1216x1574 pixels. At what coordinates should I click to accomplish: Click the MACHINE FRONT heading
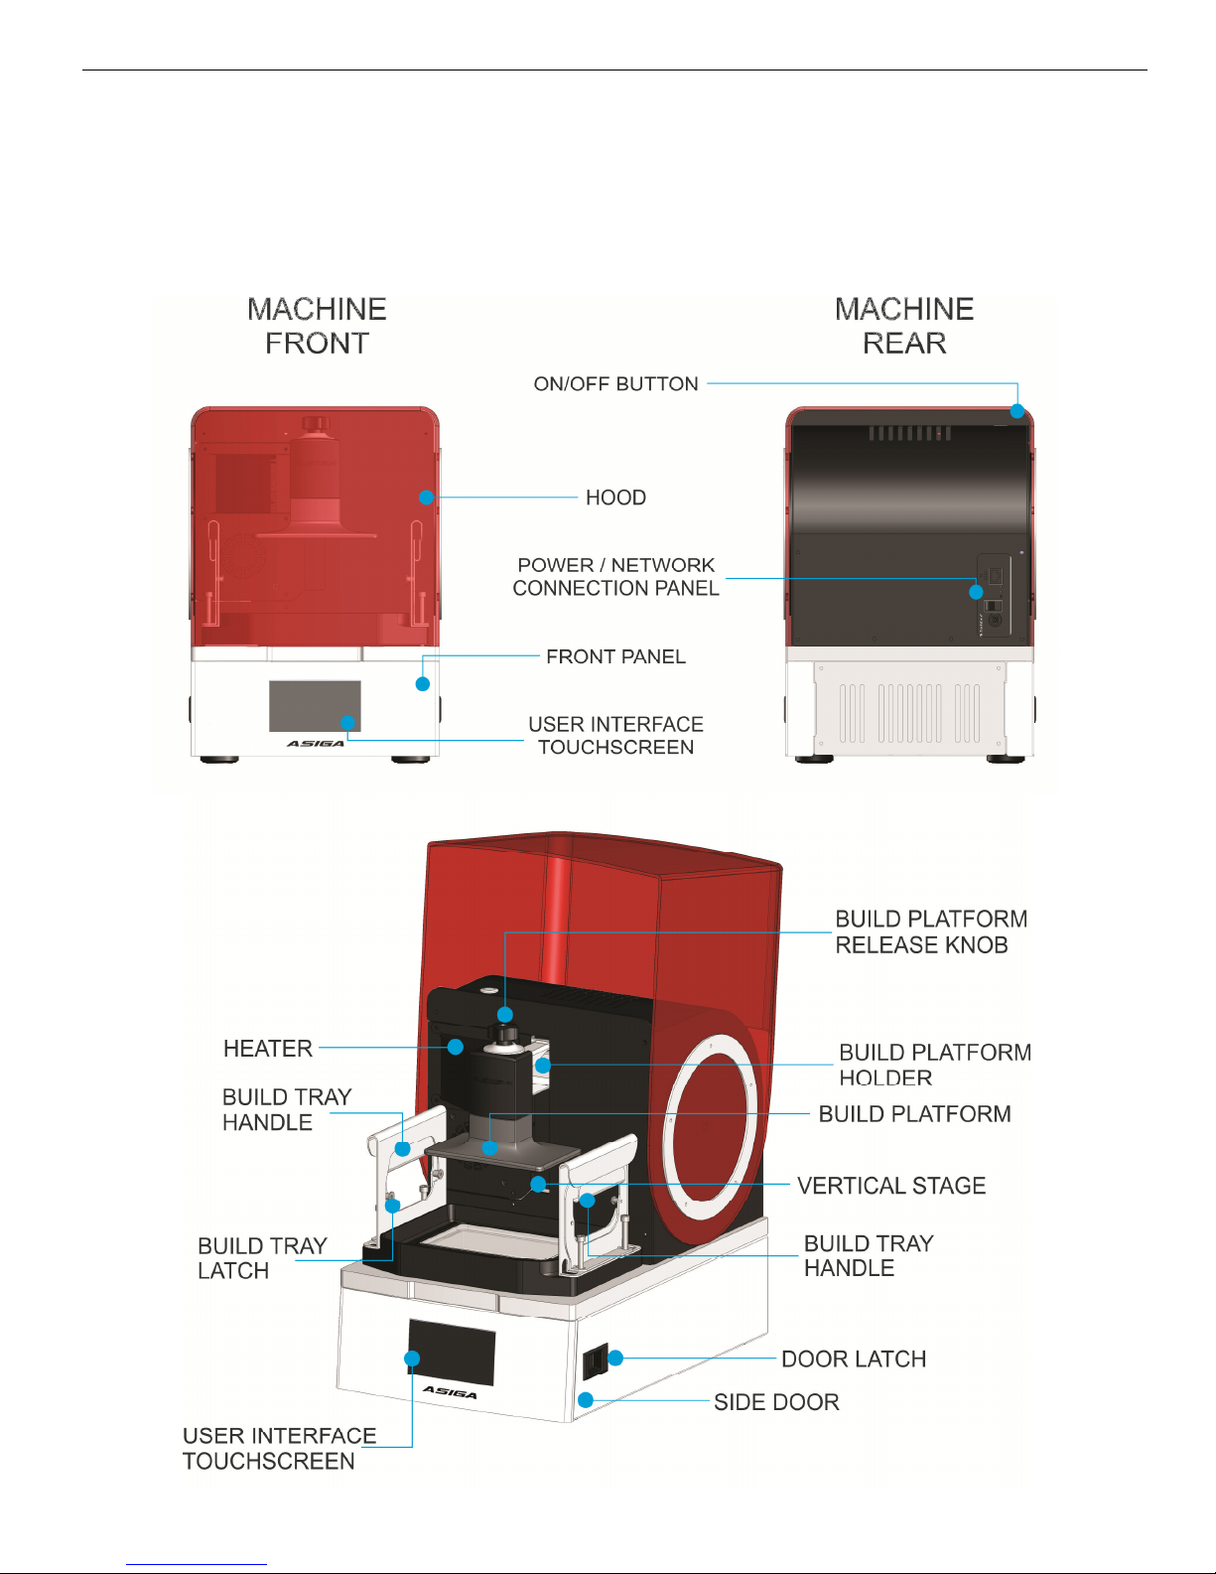(317, 326)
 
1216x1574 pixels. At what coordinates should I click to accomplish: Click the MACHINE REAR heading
(904, 326)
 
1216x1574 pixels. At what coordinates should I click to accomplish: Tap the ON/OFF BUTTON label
(615, 384)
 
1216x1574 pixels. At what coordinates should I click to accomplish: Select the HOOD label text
(615, 498)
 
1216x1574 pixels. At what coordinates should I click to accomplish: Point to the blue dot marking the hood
(426, 498)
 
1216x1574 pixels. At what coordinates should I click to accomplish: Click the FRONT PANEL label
(615, 656)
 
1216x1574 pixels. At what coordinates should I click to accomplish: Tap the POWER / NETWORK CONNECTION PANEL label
(615, 577)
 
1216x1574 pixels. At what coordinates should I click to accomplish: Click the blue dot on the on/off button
(1017, 411)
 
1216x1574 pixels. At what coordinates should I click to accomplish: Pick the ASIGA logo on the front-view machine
(316, 743)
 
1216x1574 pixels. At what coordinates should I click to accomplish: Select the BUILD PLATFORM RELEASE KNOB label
(929, 931)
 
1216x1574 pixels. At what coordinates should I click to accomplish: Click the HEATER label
(268, 1049)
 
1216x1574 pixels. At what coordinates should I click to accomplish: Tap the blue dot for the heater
(456, 1047)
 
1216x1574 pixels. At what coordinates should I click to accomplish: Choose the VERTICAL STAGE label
(891, 1186)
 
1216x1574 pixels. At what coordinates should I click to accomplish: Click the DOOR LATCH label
(854, 1359)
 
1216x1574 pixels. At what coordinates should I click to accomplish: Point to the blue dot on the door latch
(615, 1358)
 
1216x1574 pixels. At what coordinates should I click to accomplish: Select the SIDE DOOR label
(776, 1402)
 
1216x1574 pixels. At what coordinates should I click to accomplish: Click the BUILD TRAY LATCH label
(261, 1258)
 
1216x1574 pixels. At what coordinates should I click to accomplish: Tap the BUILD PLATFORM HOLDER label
(934, 1065)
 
